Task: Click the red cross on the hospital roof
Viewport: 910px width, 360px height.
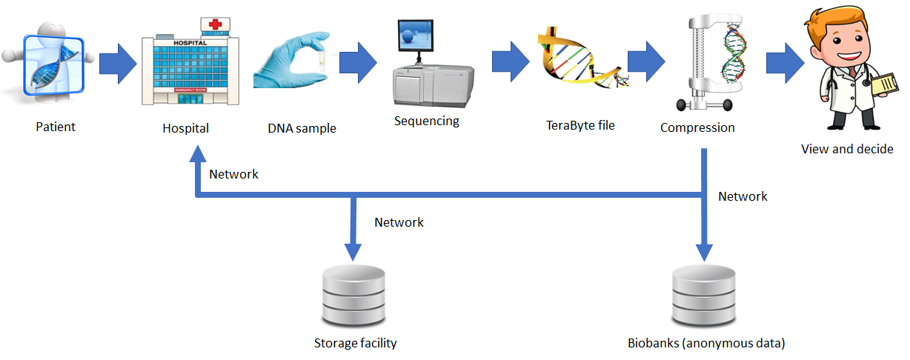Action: click(216, 24)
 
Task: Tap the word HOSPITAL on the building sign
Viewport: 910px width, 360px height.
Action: click(190, 43)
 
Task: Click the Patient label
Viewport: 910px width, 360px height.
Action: click(56, 127)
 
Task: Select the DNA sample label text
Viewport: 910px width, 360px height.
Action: click(302, 128)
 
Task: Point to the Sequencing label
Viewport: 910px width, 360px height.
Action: click(427, 121)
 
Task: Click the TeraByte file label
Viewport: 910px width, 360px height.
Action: click(580, 125)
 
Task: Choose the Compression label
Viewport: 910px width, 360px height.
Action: click(697, 128)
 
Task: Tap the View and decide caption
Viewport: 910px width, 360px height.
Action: click(847, 149)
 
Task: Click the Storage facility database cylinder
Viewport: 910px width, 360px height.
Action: click(353, 295)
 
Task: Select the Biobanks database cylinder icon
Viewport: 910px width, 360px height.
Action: click(704, 295)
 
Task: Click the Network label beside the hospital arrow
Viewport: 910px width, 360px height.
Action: click(233, 175)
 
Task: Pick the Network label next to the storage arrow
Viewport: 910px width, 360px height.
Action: click(399, 222)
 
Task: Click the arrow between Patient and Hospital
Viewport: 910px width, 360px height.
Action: click(118, 64)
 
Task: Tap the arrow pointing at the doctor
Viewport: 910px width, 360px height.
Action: click(785, 63)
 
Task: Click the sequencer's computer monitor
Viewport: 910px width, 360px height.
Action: click(416, 36)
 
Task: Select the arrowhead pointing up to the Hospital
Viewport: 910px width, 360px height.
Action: click(198, 154)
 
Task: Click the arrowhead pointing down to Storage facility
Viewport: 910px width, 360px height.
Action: click(353, 252)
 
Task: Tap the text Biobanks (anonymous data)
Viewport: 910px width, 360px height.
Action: click(706, 344)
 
